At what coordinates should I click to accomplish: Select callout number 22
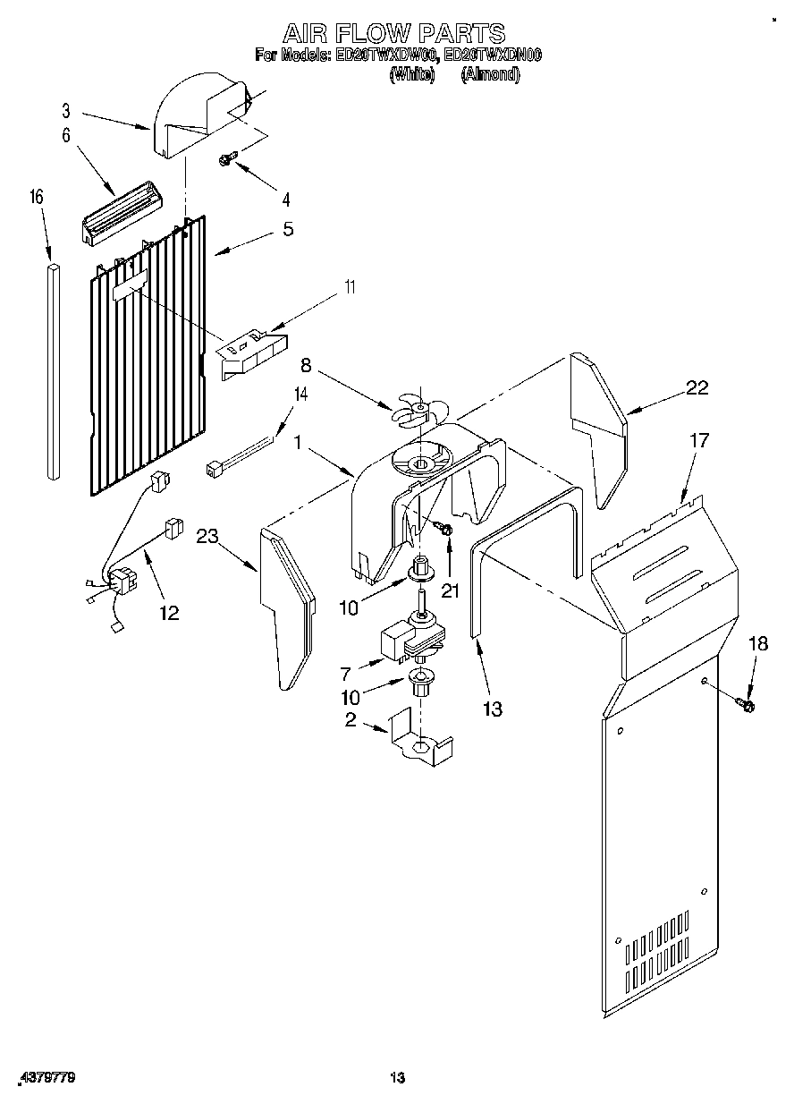[697, 387]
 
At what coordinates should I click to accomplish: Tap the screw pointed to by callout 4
[227, 159]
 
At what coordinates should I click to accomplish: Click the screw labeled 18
[745, 706]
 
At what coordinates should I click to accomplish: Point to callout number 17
[698, 440]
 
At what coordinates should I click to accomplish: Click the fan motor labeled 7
[407, 638]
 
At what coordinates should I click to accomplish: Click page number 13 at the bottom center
[397, 1081]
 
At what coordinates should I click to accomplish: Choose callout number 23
[207, 537]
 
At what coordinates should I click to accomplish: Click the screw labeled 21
[444, 531]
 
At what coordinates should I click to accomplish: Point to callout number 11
[351, 287]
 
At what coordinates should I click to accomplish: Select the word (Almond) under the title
[489, 76]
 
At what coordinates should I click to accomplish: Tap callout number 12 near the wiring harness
[168, 613]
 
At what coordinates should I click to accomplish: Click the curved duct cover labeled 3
[192, 121]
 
